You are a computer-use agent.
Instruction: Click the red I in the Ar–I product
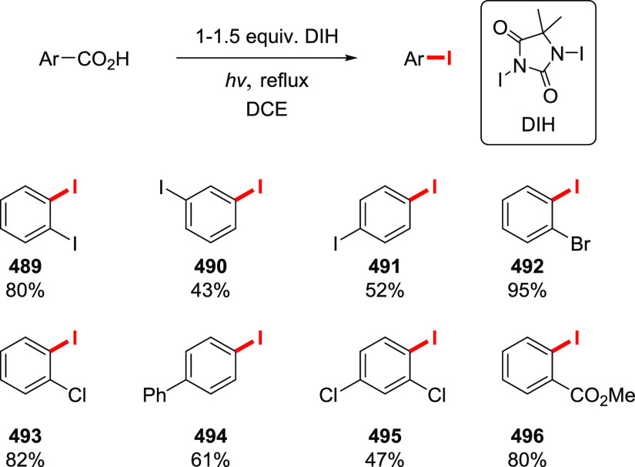pyautogui.click(x=449, y=58)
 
